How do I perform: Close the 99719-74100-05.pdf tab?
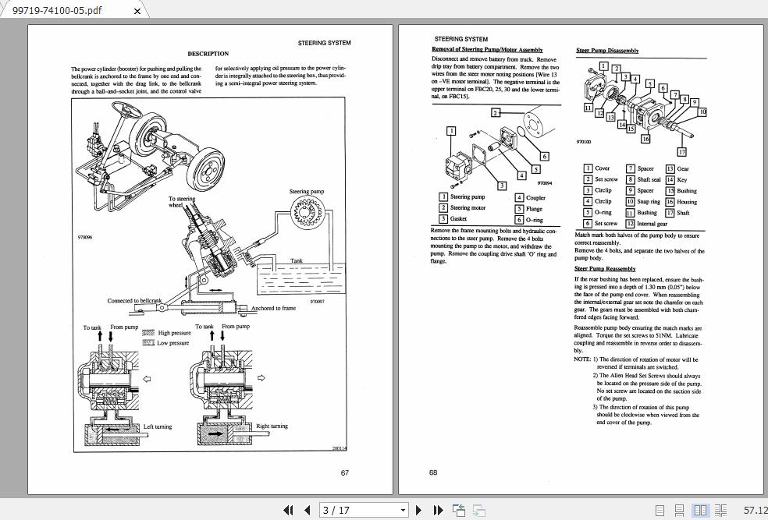[138, 11]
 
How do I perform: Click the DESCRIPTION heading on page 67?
[208, 54]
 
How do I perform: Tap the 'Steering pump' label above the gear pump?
[306, 192]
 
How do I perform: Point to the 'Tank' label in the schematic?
[297, 260]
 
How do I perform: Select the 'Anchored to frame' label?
[273, 308]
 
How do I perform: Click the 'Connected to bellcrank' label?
[134, 301]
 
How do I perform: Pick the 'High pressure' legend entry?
[173, 333]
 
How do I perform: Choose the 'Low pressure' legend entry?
[172, 343]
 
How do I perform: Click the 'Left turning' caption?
[158, 426]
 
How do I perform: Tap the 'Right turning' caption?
[272, 426]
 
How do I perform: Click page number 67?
[345, 472]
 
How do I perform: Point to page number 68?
[433, 472]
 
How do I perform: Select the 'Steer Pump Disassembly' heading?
[607, 51]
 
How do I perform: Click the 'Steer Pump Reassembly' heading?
[605, 269]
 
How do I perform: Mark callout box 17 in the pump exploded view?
[681, 152]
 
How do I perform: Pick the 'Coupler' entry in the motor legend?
[535, 198]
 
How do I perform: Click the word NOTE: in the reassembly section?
[582, 359]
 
